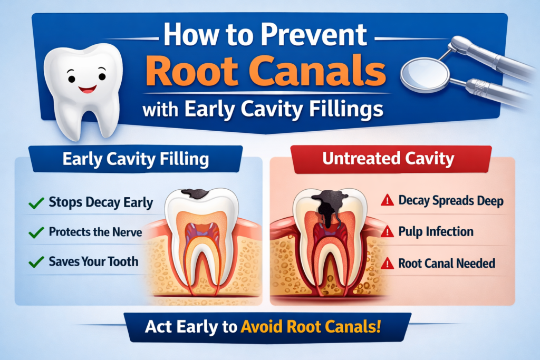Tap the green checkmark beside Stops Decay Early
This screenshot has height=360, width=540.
tap(36, 202)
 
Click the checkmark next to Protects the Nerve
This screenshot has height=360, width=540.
tap(36, 232)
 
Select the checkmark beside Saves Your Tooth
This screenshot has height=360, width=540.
tap(36, 261)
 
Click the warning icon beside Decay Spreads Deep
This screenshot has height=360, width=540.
tap(387, 200)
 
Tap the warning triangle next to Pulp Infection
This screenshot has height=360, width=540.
tap(387, 231)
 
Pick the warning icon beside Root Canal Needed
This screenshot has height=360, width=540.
tap(387, 262)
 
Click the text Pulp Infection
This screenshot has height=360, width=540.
tap(436, 231)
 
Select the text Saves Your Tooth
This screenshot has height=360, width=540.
tap(93, 261)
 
